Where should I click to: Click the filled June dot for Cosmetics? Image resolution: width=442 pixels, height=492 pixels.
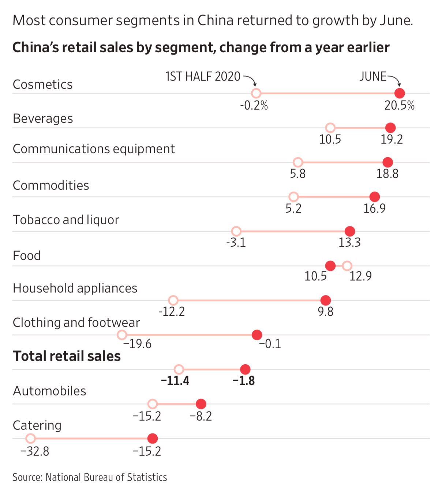400,93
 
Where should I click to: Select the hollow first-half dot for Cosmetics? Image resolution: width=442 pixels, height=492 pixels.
256,93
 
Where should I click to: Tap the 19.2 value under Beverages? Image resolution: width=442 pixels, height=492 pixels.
392,139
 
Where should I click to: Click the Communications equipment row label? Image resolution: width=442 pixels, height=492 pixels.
94,149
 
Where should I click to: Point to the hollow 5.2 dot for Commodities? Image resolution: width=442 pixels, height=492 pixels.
293,197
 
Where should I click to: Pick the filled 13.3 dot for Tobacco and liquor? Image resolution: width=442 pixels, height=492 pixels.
350,231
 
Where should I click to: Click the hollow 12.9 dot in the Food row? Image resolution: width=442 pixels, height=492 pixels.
347,266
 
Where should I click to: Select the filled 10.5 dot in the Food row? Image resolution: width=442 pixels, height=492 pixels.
330,266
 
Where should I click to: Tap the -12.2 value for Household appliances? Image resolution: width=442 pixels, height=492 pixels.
172,312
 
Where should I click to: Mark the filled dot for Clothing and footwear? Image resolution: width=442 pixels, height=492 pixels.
257,335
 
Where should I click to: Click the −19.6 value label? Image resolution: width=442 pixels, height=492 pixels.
137,344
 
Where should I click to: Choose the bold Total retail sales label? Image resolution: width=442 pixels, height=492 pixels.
67,356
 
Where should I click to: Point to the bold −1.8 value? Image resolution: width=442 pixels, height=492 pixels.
244,381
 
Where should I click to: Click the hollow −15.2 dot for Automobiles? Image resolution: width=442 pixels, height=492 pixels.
153,404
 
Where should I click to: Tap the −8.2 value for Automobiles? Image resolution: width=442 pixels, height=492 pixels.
201,416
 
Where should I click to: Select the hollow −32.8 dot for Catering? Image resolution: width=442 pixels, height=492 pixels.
30,438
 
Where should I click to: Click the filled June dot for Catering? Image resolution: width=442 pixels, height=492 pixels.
153,438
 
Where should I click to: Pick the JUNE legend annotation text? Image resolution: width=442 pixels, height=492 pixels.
373,76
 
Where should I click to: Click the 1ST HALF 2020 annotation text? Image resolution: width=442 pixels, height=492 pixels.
203,76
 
